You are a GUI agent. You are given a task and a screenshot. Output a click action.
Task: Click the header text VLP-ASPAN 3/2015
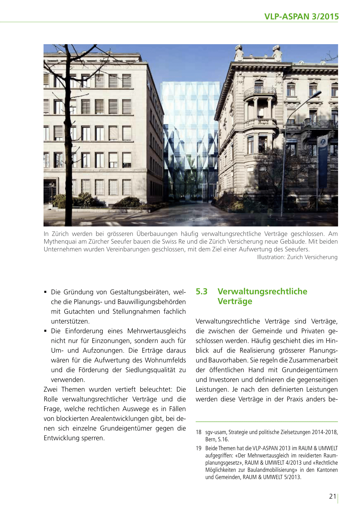[301, 16]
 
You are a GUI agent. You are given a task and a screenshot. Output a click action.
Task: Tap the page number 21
[332, 496]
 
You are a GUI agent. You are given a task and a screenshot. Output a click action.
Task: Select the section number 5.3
[202, 291]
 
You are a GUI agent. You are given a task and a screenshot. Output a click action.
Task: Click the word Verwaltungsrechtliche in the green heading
[262, 291]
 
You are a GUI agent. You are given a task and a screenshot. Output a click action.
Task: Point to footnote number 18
[199, 432]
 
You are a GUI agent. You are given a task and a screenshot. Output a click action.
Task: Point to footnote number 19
[199, 448]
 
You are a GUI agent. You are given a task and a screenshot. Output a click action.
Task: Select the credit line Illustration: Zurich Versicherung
[297, 257]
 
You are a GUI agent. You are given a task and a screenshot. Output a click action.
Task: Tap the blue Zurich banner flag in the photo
[323, 161]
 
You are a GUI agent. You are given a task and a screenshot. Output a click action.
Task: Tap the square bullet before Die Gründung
[45, 292]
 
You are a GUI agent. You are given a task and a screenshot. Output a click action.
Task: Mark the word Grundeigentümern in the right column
[310, 370]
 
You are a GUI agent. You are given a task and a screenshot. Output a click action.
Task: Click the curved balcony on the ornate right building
[260, 92]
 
